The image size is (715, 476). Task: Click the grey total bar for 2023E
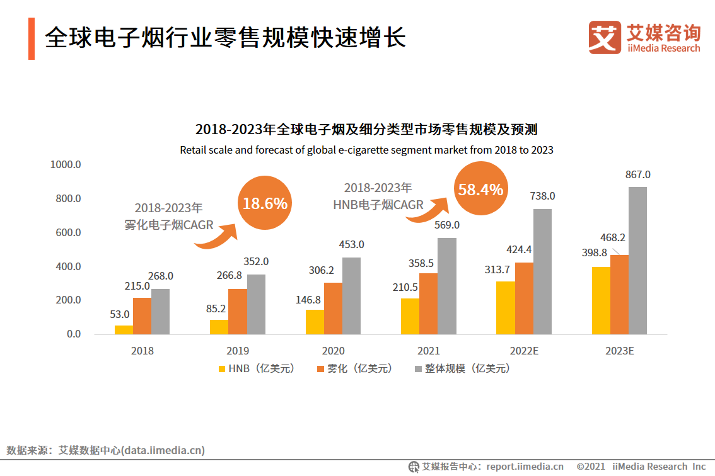tap(637, 261)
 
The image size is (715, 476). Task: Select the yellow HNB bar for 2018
tap(124, 329)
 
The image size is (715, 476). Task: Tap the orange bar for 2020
tap(333, 309)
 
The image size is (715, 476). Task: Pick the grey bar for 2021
tap(447, 286)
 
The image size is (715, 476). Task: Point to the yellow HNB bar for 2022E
tap(505, 307)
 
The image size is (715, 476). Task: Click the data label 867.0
tap(637, 174)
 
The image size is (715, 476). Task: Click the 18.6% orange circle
tap(265, 203)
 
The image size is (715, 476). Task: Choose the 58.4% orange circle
tap(480, 189)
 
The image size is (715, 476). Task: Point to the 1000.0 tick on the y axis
tap(66, 165)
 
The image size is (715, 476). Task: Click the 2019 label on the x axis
tap(238, 351)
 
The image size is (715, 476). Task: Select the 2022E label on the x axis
tap(524, 351)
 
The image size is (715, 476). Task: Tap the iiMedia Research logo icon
tap(605, 37)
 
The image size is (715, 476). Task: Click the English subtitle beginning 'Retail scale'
tap(366, 150)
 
